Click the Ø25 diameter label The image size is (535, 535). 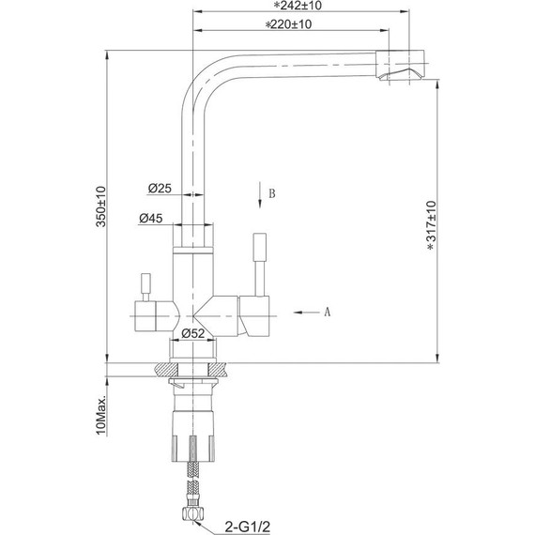tap(159, 189)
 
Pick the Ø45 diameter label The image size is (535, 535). tap(151, 218)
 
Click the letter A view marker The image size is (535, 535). tap(328, 311)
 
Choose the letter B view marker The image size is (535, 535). tap(271, 194)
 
